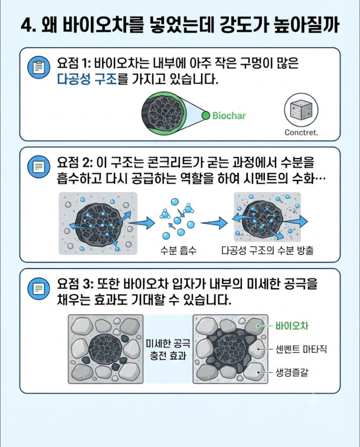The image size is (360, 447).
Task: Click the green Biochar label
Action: (x=229, y=116)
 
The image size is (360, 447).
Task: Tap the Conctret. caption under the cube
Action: (x=301, y=132)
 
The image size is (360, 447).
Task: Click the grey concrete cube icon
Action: (x=301, y=110)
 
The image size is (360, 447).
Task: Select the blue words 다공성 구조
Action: (x=87, y=79)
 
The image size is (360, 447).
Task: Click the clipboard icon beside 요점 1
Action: (x=39, y=67)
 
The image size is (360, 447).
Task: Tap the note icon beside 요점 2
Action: (x=39, y=167)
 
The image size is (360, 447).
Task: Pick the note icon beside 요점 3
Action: (x=39, y=289)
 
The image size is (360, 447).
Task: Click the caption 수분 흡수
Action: (x=178, y=250)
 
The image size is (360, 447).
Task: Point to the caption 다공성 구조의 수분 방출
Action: (x=267, y=250)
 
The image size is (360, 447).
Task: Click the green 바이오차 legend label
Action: (x=292, y=326)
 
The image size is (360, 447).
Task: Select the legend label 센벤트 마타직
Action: (x=301, y=349)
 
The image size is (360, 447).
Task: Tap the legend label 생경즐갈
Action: (x=292, y=372)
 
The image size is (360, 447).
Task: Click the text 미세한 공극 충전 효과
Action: (x=168, y=349)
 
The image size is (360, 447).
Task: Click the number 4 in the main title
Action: (x=27, y=26)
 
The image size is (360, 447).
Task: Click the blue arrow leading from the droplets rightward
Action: (x=214, y=223)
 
